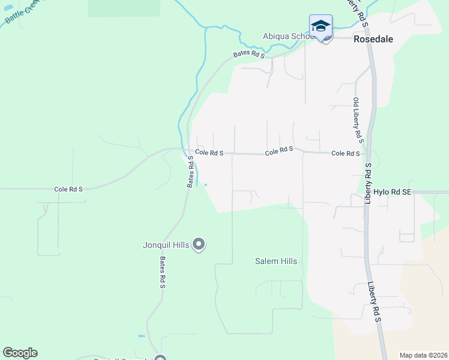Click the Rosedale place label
(x=373, y=40)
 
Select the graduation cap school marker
(x=321, y=26)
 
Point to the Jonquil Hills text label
(x=166, y=244)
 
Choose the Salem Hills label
(x=276, y=262)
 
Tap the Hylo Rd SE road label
(x=393, y=192)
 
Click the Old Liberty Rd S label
(x=358, y=120)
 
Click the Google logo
(x=20, y=353)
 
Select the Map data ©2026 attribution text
(x=424, y=355)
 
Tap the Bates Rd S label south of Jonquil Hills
(x=162, y=272)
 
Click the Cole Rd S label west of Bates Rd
(x=68, y=189)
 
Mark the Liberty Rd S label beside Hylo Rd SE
(x=368, y=184)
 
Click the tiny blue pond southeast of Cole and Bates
(x=206, y=185)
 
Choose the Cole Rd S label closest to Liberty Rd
(x=345, y=154)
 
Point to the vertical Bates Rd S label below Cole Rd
(x=190, y=172)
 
